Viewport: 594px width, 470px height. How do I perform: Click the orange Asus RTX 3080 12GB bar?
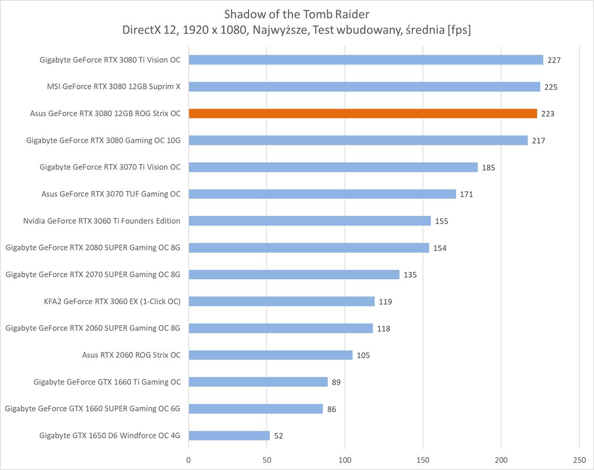[363, 114]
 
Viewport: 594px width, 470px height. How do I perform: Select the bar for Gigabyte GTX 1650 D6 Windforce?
[229, 436]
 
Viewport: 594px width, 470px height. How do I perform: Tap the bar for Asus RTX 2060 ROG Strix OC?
[270, 355]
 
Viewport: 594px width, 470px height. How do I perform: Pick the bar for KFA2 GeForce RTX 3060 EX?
[282, 301]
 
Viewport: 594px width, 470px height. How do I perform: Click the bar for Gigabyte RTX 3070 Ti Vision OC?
[333, 167]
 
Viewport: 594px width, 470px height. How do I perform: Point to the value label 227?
[554, 60]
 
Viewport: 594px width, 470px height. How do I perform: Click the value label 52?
[278, 436]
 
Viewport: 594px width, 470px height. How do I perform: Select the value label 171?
[466, 194]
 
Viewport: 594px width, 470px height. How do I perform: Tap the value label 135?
[410, 274]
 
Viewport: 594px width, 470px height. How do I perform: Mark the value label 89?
[336, 382]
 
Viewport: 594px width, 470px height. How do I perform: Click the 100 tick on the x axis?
[345, 460]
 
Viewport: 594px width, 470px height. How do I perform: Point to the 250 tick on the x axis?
[579, 460]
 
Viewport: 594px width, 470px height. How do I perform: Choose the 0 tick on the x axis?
[189, 460]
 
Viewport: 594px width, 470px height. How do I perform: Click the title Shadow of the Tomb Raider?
[297, 14]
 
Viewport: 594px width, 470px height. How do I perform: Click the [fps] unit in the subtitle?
[459, 30]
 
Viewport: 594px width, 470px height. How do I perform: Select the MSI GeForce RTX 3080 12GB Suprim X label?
[114, 87]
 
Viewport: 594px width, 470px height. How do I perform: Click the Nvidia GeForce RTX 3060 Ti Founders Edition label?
[102, 221]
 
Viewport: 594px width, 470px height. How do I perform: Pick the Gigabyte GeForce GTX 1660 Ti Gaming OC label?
[107, 382]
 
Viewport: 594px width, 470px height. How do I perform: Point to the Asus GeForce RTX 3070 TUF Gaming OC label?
[111, 194]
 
